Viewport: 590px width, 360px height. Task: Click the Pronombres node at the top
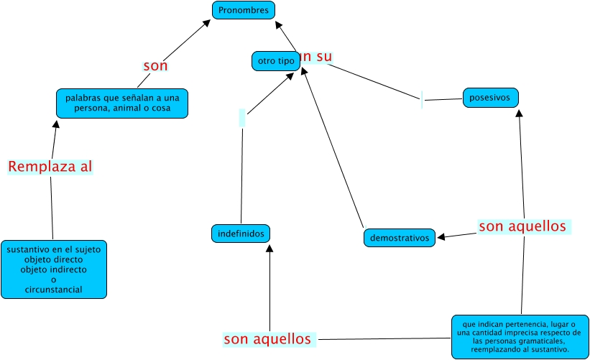coord(244,11)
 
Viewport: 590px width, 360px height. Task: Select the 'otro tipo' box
coord(276,61)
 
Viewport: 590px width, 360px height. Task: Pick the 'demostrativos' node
coord(400,237)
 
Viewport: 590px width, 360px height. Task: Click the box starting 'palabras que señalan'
coord(122,103)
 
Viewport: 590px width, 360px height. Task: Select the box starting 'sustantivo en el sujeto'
coord(54,269)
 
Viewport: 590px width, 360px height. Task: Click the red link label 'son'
coord(155,66)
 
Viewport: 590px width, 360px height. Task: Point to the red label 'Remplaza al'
coord(50,167)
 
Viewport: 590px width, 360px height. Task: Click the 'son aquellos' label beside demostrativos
coord(523,227)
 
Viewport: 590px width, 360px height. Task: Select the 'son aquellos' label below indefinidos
coord(269,339)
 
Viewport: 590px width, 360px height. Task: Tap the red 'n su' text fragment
coord(318,56)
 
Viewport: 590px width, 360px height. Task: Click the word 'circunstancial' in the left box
coord(54,290)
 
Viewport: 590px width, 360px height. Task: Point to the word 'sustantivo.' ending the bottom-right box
coord(549,350)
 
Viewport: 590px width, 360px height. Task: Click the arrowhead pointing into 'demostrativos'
coord(442,236)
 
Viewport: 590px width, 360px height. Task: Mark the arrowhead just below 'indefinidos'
coord(269,248)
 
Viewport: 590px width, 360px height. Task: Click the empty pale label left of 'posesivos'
coord(422,101)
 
